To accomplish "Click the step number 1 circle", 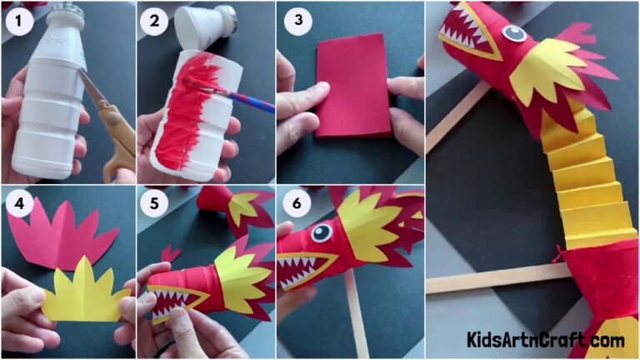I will click(18, 22).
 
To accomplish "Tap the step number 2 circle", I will click(155, 22).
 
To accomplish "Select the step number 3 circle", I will click(293, 22).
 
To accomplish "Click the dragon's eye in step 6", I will click(321, 232).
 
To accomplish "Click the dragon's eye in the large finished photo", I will click(512, 33).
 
